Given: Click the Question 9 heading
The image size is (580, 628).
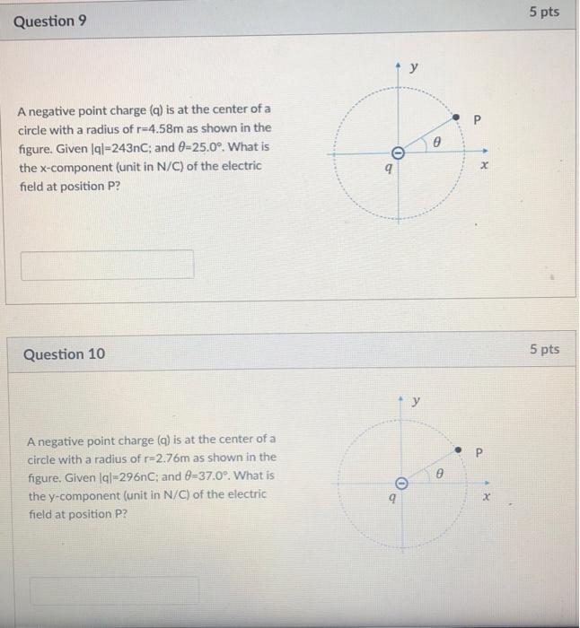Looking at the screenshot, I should click(50, 21).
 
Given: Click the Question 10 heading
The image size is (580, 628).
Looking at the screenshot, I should click(64, 354).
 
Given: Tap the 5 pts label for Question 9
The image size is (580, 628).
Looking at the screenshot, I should click(543, 13).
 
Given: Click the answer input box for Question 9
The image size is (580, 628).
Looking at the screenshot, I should click(107, 265).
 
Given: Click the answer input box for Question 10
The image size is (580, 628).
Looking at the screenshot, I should click(114, 589).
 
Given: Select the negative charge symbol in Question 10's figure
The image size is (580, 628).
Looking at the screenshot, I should click(402, 484).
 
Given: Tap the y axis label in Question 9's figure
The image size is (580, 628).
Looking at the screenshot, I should click(414, 69).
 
